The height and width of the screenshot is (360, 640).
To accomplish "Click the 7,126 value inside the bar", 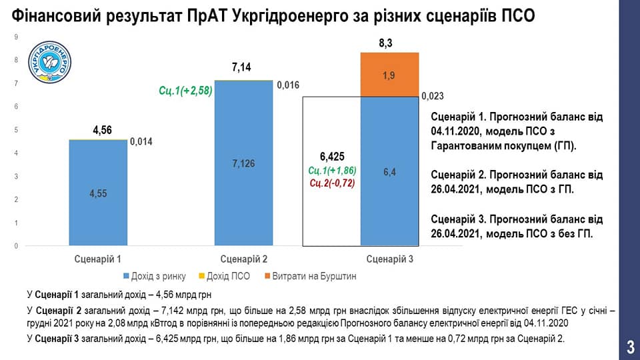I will click(243, 164).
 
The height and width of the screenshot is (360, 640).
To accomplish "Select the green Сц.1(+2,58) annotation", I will click(185, 90).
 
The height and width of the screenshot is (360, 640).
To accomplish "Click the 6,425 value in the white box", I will click(331, 157).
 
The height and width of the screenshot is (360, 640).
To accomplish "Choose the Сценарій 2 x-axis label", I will click(243, 259).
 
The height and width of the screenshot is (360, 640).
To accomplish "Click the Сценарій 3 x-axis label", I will click(389, 259).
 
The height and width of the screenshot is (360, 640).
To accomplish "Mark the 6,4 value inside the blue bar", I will click(389, 172).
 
